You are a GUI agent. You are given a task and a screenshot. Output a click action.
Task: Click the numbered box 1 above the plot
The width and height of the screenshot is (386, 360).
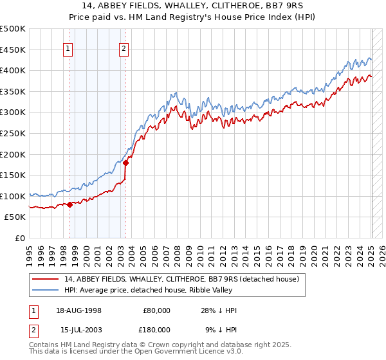pyautogui.click(x=68, y=47)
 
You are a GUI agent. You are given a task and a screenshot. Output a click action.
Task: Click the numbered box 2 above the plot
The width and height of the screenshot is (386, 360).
pyautogui.click(x=124, y=47)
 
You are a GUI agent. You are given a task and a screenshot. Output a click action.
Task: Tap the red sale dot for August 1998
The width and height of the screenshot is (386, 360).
pyautogui.click(x=69, y=205)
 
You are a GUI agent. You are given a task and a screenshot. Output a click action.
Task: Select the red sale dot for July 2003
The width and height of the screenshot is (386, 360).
pyautogui.click(x=125, y=163)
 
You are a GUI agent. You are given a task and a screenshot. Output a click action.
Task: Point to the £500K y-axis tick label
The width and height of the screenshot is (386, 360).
pyautogui.click(x=14, y=29)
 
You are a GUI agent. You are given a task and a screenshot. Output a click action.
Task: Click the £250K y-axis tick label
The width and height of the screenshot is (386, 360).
pyautogui.click(x=14, y=133)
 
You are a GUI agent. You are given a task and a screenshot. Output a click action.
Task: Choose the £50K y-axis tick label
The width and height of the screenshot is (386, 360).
pyautogui.click(x=16, y=217)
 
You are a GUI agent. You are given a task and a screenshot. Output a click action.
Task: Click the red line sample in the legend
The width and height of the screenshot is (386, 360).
pyautogui.click(x=46, y=280)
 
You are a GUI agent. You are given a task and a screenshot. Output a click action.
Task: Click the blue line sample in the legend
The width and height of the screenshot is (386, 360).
pyautogui.click(x=46, y=291)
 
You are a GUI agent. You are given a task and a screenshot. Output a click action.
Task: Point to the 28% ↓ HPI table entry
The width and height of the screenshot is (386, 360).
pyautogui.click(x=219, y=310)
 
